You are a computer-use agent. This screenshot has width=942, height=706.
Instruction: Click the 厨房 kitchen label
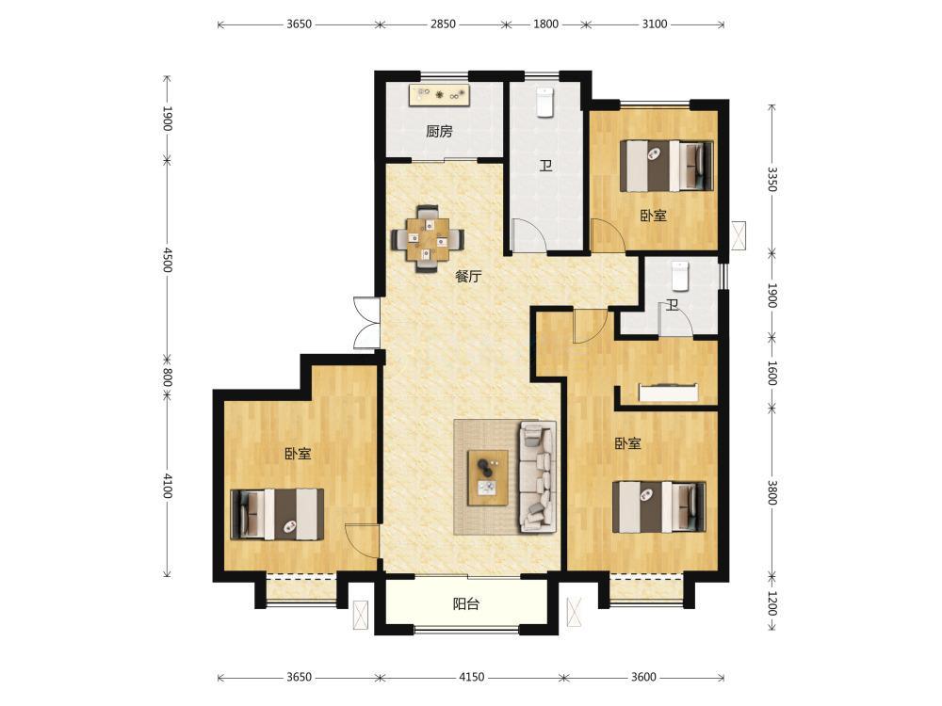coord(439,131)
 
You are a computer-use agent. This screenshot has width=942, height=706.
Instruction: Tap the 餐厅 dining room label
coord(468,277)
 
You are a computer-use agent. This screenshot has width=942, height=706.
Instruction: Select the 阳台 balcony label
coord(466,604)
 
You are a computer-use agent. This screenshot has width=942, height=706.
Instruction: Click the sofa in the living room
coord(538,476)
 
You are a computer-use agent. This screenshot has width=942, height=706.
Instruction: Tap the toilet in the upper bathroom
coord(544,102)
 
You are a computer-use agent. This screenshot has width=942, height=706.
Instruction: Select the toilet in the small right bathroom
coord(679,276)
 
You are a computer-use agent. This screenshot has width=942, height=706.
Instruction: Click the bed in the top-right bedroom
coord(667,166)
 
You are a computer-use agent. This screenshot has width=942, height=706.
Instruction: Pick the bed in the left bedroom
coord(278,514)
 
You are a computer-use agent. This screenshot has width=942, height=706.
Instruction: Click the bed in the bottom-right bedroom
coord(659,506)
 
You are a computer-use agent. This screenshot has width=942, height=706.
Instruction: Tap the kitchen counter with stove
coord(440,95)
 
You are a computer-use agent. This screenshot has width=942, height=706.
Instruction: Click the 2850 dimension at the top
coord(443,24)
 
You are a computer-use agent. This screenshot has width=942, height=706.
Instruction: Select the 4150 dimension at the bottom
coord(472,677)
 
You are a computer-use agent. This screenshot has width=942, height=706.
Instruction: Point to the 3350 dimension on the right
coord(772,178)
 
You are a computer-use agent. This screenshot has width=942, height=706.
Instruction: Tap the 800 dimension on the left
coord(167,378)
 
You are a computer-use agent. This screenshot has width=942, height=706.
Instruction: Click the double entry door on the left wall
coord(366,322)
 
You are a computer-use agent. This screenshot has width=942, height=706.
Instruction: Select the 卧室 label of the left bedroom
coord(298,454)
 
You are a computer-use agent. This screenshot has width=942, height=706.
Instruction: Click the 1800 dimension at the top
coord(545,24)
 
